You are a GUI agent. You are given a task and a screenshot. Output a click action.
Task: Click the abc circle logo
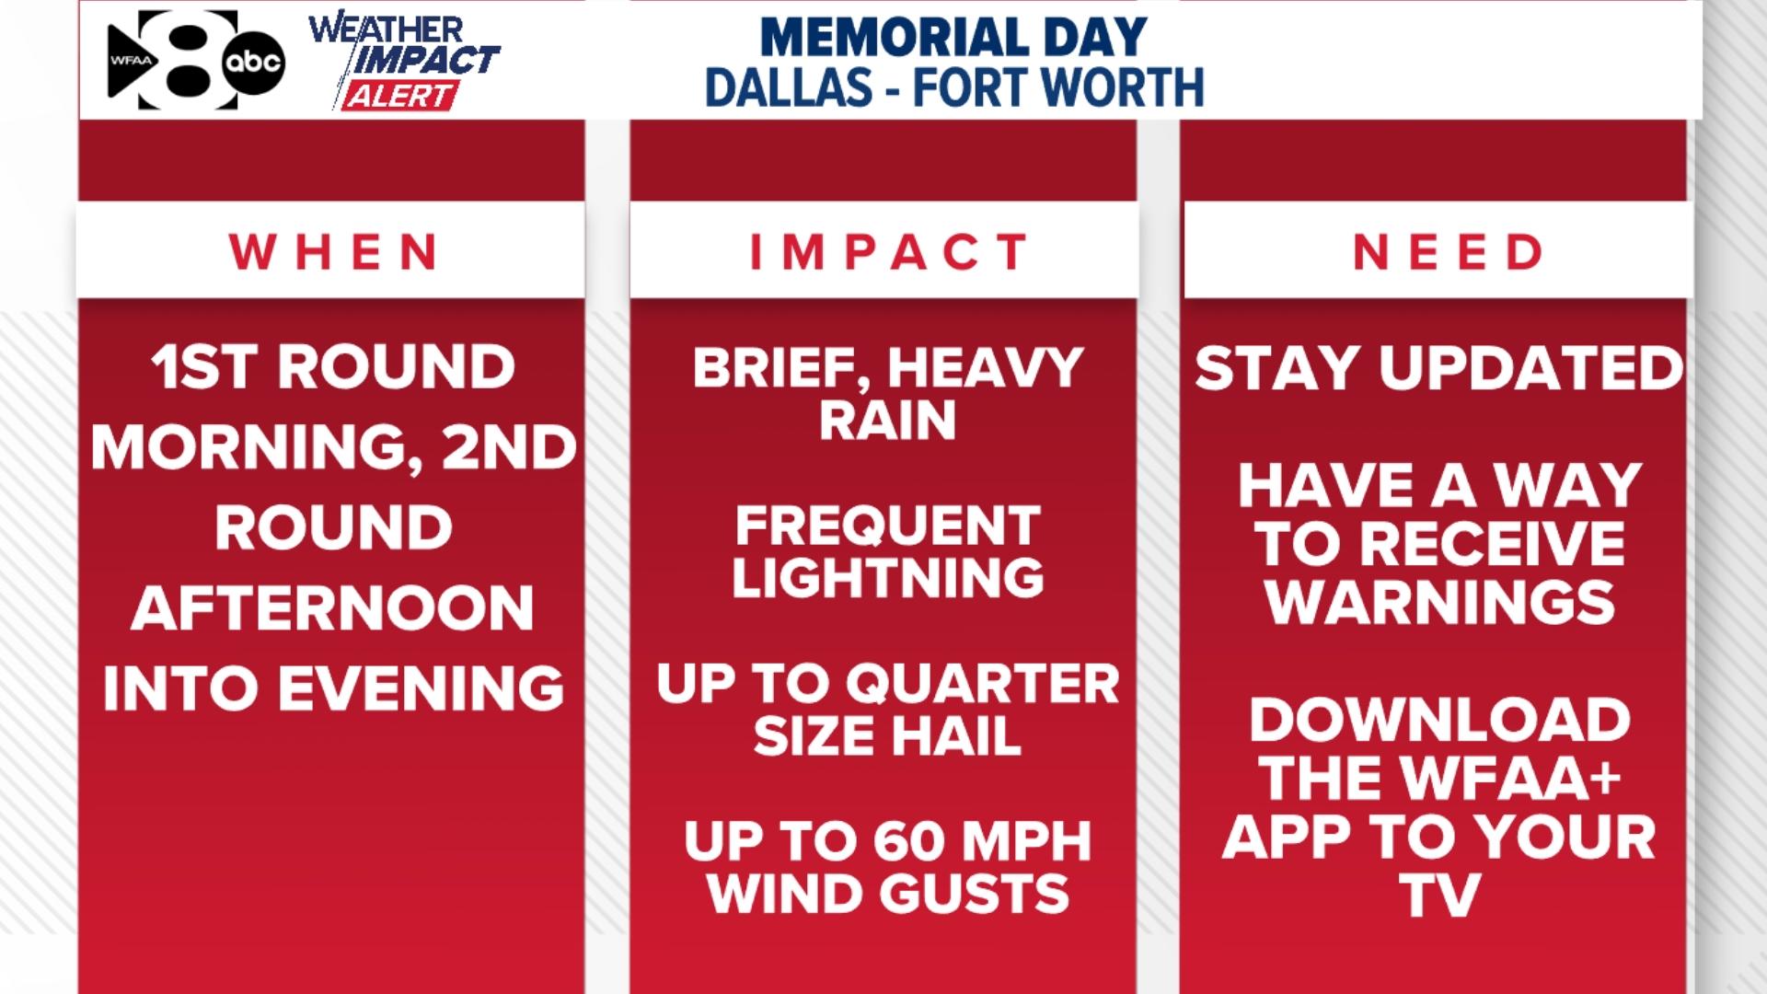tap(253, 63)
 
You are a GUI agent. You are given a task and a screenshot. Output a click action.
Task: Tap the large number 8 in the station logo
tap(189, 60)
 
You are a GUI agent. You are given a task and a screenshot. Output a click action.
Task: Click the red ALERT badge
tap(400, 96)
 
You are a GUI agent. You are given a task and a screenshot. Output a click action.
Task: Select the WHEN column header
tap(332, 251)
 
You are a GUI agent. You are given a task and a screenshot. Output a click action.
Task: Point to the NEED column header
tap(1447, 251)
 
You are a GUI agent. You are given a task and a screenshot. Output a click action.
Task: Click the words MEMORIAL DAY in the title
tap(953, 37)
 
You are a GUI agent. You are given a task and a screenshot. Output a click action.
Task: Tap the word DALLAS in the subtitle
tap(789, 87)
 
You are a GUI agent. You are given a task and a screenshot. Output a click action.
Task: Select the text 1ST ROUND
tap(332, 366)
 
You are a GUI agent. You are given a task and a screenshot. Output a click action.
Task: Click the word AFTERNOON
tap(332, 607)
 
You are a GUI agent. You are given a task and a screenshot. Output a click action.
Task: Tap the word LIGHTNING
tap(887, 578)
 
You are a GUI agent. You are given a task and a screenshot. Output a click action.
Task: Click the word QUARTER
tap(982, 684)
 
